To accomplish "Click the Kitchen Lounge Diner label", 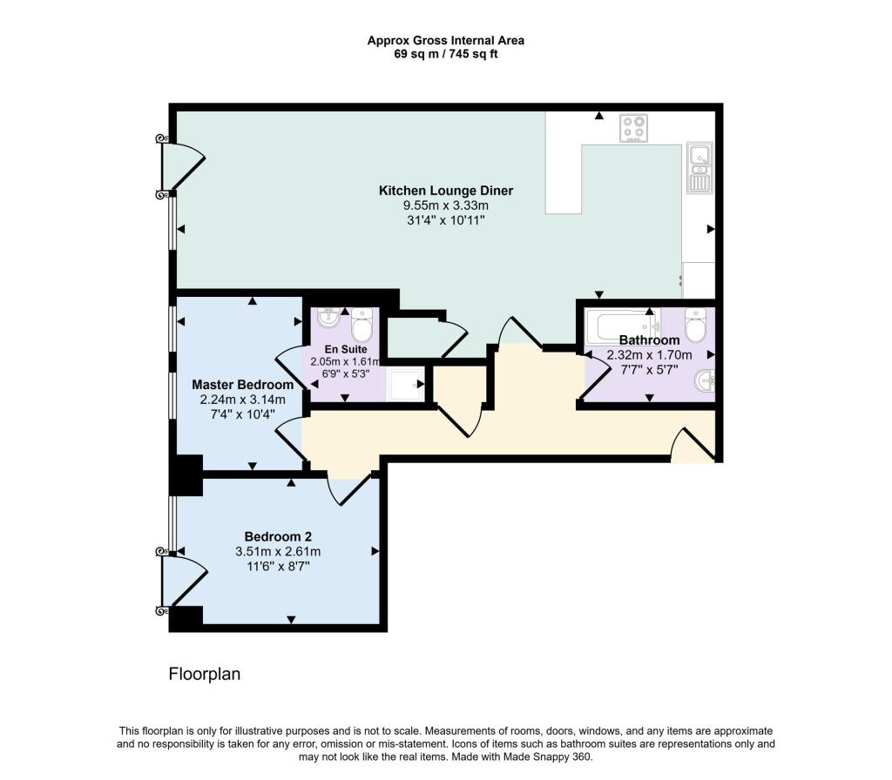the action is click(446, 191).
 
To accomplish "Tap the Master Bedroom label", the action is click(243, 384).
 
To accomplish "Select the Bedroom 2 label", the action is click(278, 536).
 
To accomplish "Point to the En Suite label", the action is click(346, 349).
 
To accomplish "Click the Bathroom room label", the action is click(649, 340).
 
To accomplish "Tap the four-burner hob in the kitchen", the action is click(634, 128).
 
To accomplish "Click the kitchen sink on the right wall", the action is click(699, 167).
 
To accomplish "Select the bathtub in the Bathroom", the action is click(623, 326).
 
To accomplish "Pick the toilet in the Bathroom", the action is click(695, 325).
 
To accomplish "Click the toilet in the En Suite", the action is click(362, 325).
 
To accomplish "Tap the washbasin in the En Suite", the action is click(328, 318).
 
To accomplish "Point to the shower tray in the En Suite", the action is click(405, 384).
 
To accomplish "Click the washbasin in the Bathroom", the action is click(704, 380).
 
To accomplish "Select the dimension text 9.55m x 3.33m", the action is click(446, 205).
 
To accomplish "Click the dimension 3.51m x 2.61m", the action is click(278, 551).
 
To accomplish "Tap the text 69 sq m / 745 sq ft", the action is click(446, 54).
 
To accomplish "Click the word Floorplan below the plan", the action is click(204, 674).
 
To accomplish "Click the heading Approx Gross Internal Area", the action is click(446, 40).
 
